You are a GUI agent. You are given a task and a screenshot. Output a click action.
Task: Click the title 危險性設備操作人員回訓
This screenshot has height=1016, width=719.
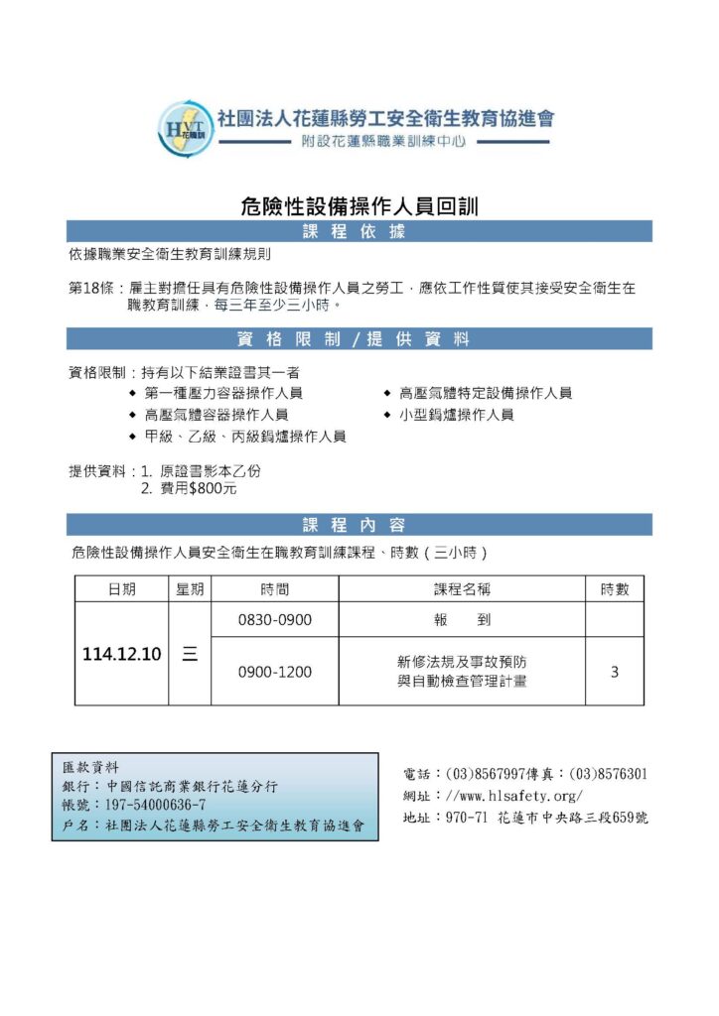click(359, 205)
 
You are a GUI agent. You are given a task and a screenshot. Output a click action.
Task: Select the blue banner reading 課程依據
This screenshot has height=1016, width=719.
click(359, 232)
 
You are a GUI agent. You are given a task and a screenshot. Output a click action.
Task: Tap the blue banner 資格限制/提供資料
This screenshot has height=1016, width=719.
click(359, 339)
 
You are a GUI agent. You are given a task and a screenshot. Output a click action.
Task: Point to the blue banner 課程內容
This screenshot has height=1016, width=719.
click(359, 525)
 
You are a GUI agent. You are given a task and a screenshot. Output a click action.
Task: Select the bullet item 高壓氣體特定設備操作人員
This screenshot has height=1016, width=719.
click(485, 393)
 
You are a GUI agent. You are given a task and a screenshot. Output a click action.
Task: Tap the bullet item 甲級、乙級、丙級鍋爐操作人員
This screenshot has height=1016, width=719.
click(244, 437)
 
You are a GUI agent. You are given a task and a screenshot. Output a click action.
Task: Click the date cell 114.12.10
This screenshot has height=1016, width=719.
click(121, 655)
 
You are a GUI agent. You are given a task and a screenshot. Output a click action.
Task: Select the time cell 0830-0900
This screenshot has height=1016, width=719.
click(275, 620)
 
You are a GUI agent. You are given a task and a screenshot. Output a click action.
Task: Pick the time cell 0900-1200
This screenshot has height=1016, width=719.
click(275, 672)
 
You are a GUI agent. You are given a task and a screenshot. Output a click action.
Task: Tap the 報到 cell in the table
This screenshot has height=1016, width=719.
click(462, 620)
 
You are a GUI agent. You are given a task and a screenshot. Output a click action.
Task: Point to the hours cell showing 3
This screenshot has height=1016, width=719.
click(615, 672)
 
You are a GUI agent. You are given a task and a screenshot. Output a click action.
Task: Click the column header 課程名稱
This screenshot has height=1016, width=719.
click(462, 589)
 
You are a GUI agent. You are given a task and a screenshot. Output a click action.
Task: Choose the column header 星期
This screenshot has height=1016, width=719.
click(190, 589)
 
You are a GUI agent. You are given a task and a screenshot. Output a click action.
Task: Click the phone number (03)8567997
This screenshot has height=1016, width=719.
click(487, 774)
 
